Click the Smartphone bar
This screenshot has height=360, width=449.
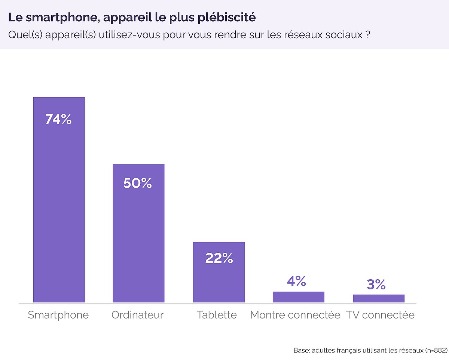point(59,209)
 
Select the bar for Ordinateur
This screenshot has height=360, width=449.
point(138,243)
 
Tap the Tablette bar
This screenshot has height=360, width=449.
point(219,280)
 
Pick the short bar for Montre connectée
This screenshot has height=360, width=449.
point(298,297)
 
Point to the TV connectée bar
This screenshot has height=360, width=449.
point(378,298)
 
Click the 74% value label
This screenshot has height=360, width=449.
point(58,119)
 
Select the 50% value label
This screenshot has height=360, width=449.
point(138,183)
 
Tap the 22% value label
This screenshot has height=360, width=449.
point(219,258)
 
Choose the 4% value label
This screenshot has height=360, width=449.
point(297,281)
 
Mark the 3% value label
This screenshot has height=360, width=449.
point(376,285)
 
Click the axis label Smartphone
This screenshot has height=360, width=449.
point(58,315)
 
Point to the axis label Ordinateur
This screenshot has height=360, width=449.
point(138,315)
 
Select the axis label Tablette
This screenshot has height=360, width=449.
point(217,315)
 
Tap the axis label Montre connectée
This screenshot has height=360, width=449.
point(295,315)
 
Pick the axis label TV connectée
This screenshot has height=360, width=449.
point(380,315)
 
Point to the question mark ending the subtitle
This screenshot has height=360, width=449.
point(368,35)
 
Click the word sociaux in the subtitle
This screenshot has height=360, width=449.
point(344,35)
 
